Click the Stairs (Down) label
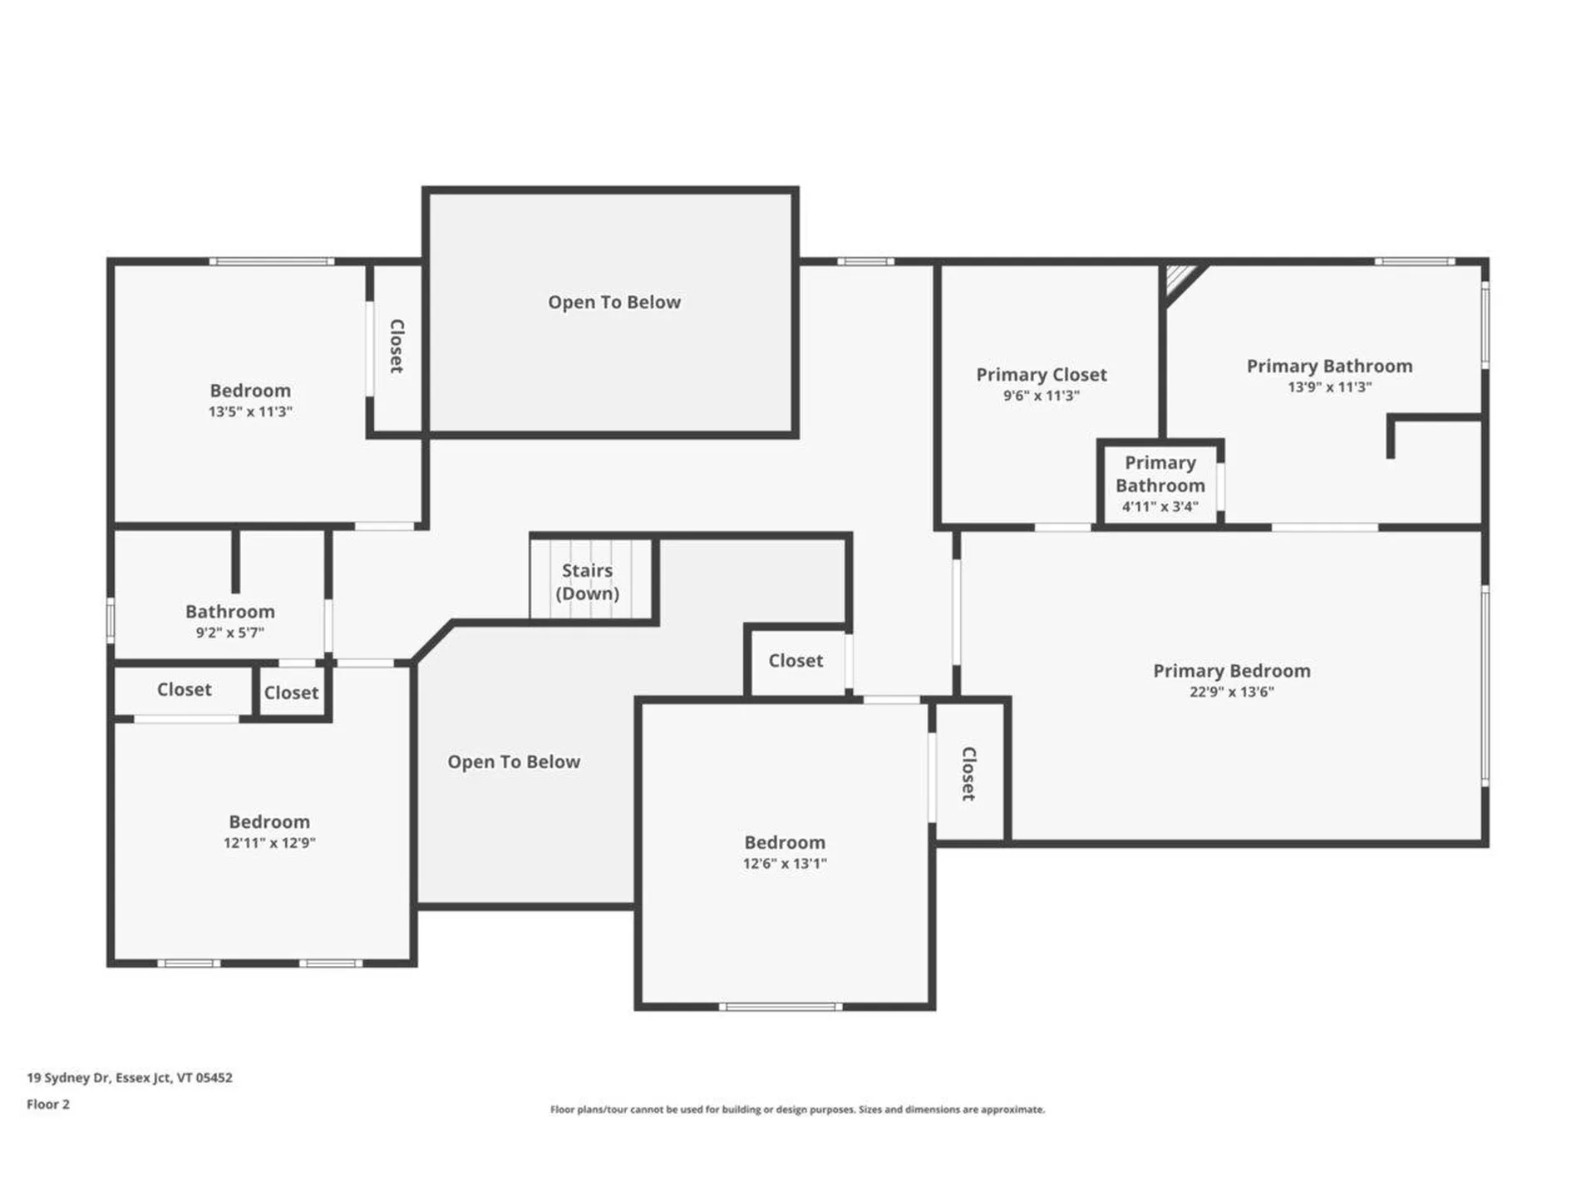click(587, 582)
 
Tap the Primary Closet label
click(1041, 375)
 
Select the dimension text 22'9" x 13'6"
click(1231, 692)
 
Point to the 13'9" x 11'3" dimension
click(1329, 387)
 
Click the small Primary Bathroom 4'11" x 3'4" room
click(1160, 484)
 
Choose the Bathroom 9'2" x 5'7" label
click(229, 612)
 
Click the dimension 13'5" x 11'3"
click(250, 411)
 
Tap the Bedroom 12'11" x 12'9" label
click(269, 822)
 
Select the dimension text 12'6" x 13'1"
click(784, 864)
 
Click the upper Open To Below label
click(613, 303)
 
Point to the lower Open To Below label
click(514, 762)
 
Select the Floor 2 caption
click(48, 1104)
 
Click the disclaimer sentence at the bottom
click(797, 1110)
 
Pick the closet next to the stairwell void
click(796, 661)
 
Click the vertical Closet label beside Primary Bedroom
click(968, 773)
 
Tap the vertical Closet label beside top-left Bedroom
click(397, 346)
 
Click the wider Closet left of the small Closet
click(184, 690)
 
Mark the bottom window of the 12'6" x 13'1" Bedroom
click(781, 1007)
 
